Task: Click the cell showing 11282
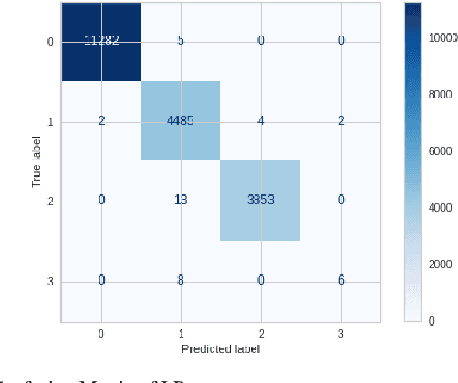click(x=100, y=41)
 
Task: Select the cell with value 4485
click(x=180, y=120)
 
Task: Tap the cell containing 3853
click(x=260, y=200)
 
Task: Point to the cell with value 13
click(x=180, y=200)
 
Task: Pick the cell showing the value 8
click(x=180, y=280)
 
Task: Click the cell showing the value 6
click(x=339, y=280)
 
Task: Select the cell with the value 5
click(x=180, y=41)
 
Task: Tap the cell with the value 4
click(x=260, y=120)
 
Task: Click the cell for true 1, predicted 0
click(x=100, y=120)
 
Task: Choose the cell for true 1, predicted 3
click(x=339, y=120)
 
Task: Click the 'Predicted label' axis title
click(x=220, y=349)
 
